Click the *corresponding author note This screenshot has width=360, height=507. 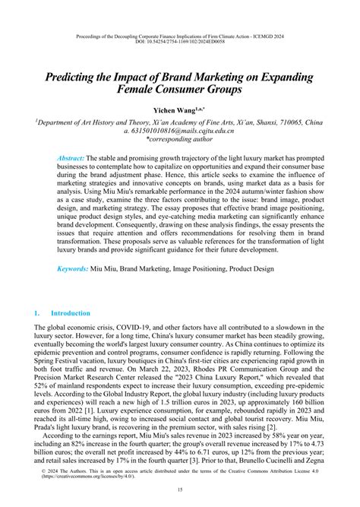pyautogui.click(x=180, y=141)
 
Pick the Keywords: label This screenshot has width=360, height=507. pyautogui.click(x=77, y=290)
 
